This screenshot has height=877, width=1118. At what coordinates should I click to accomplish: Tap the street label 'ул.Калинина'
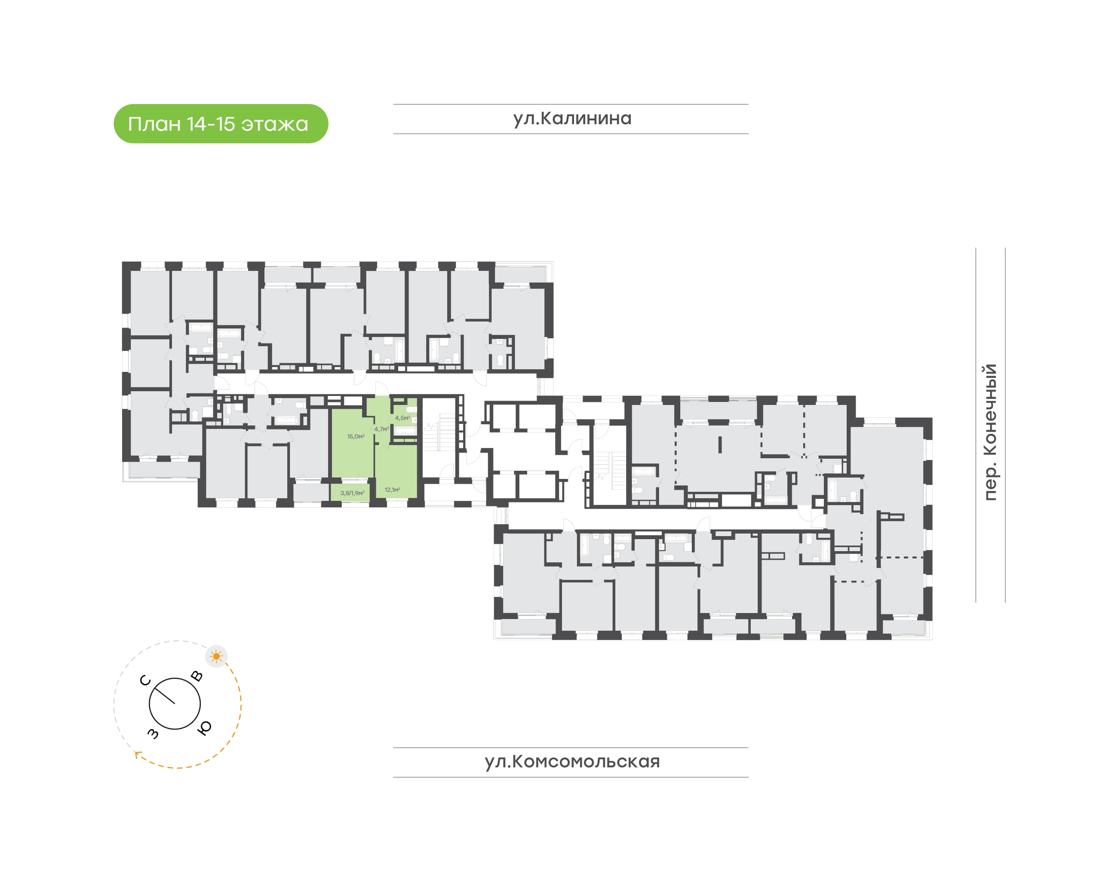click(572, 119)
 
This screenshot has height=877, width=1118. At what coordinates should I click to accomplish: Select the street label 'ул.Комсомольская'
click(572, 761)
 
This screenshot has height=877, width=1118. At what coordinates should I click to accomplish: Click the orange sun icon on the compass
click(216, 656)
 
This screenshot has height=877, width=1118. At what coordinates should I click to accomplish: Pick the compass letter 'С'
click(145, 681)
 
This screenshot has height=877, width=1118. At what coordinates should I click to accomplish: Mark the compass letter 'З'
click(153, 733)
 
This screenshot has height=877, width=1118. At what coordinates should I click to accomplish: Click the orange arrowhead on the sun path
click(137, 754)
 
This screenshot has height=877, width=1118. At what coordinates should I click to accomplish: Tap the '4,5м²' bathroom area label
click(402, 418)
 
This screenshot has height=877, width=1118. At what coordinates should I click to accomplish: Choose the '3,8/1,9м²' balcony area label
click(352, 493)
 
